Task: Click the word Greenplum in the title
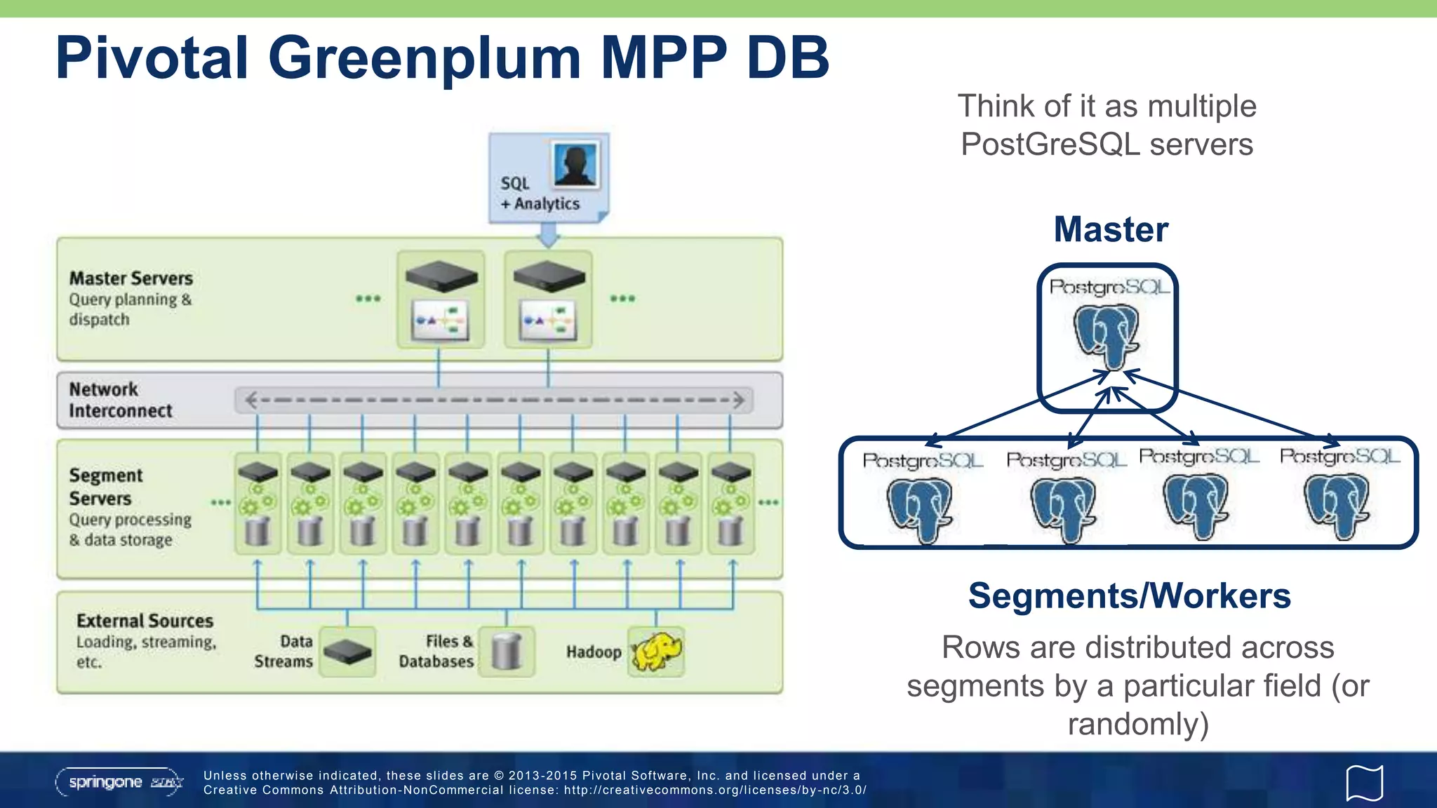click(424, 59)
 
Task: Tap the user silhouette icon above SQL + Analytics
click(575, 165)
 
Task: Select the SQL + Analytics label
click(539, 194)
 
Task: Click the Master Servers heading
click(131, 278)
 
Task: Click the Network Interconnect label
click(120, 400)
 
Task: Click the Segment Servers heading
click(105, 487)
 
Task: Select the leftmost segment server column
click(257, 504)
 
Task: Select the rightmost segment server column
click(730, 504)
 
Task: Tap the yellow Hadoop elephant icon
click(656, 652)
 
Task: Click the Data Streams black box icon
click(347, 652)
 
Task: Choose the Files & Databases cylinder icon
click(506, 652)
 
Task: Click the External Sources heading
click(145, 621)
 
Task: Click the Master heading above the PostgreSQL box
click(1111, 229)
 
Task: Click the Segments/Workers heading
click(1129, 596)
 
